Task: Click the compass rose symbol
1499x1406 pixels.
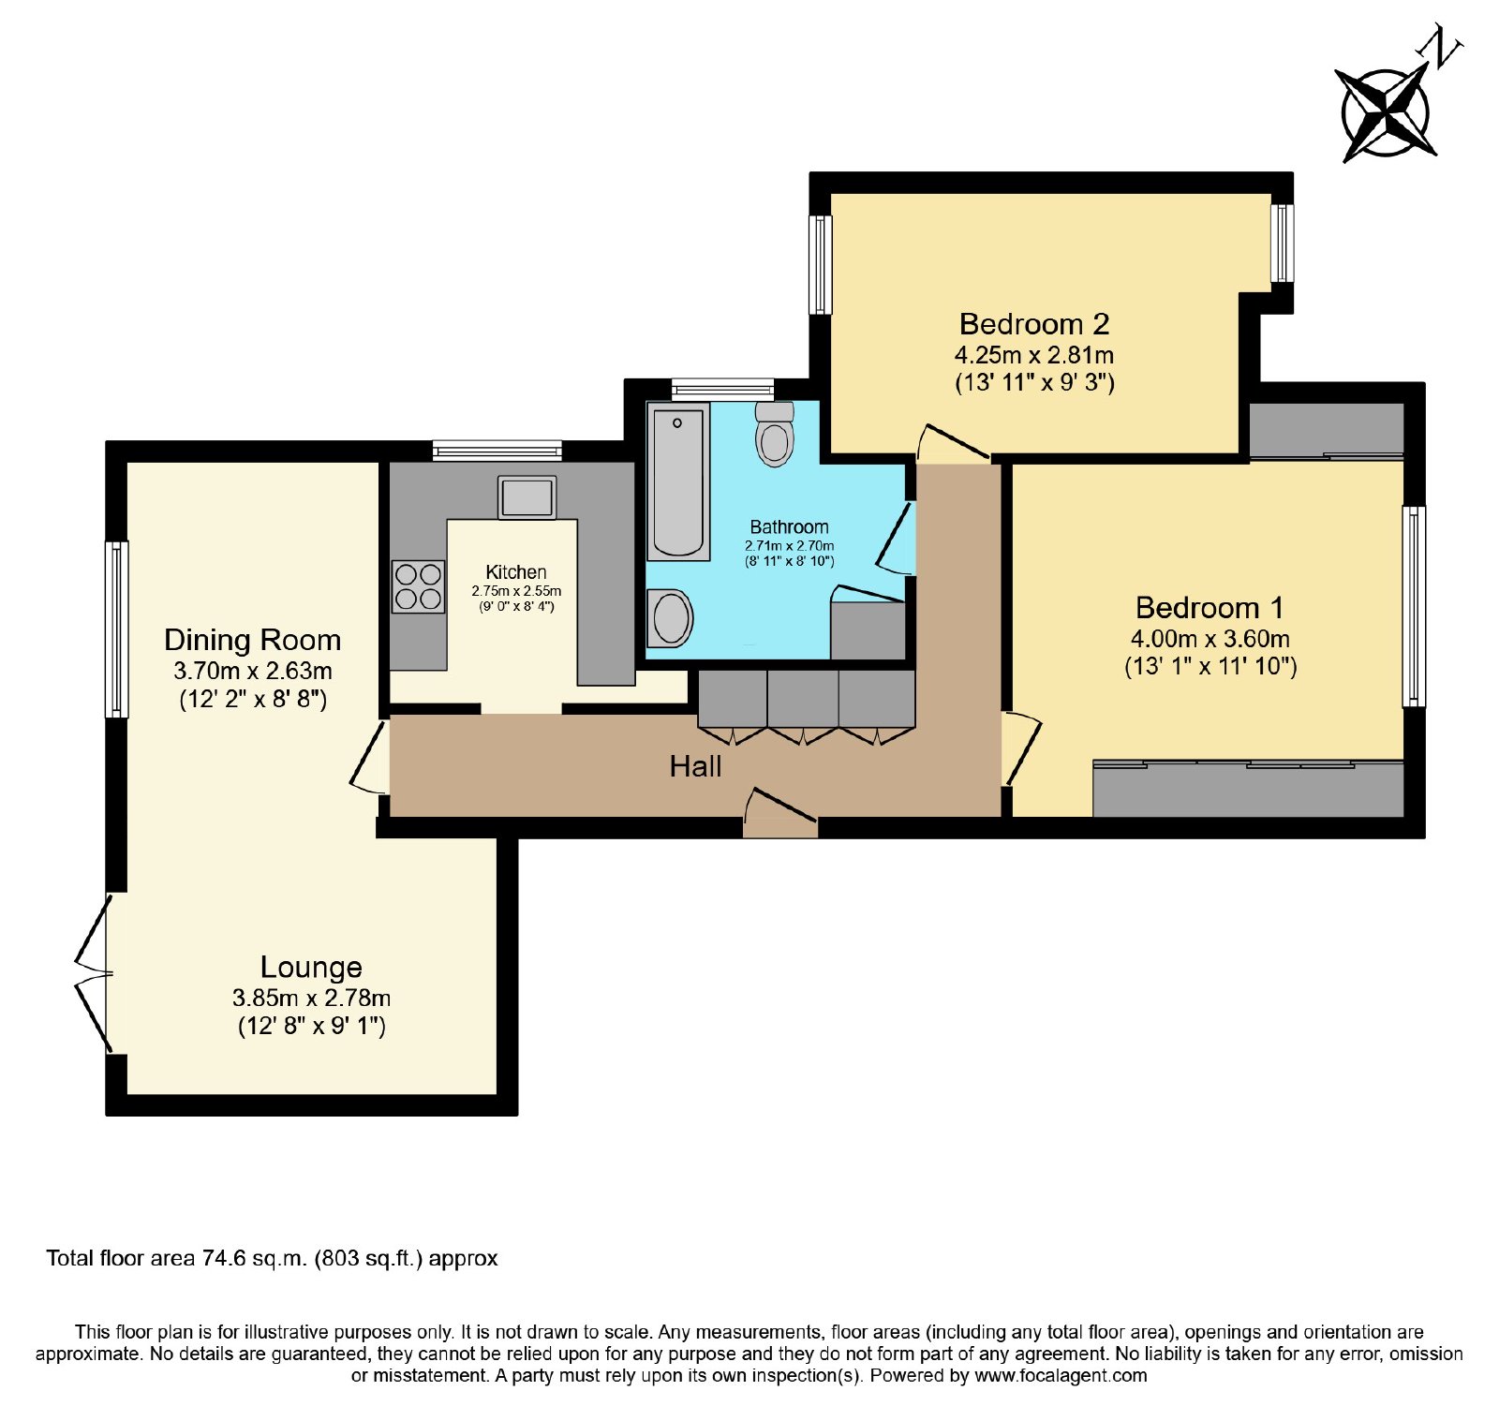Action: point(1386,113)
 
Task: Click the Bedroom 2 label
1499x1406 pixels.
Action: point(1034,324)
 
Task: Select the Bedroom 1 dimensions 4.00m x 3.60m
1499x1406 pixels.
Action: point(1210,639)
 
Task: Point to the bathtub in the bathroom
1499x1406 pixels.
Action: point(678,481)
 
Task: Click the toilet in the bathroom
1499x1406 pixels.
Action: point(775,434)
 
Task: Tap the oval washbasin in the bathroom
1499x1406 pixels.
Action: point(671,618)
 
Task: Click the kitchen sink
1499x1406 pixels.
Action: point(527,497)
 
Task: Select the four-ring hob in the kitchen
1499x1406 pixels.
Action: point(419,586)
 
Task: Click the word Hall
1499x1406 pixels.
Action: point(695,767)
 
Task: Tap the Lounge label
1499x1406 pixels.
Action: point(311,967)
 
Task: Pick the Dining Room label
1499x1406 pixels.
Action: point(252,640)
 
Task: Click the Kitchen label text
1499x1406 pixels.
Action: point(516,571)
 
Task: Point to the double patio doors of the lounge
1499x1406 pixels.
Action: point(94,974)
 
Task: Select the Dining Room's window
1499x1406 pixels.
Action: point(116,629)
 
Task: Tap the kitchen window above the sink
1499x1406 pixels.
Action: point(497,451)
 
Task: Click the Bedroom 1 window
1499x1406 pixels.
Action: point(1414,606)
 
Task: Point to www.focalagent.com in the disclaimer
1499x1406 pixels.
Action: point(1061,1375)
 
